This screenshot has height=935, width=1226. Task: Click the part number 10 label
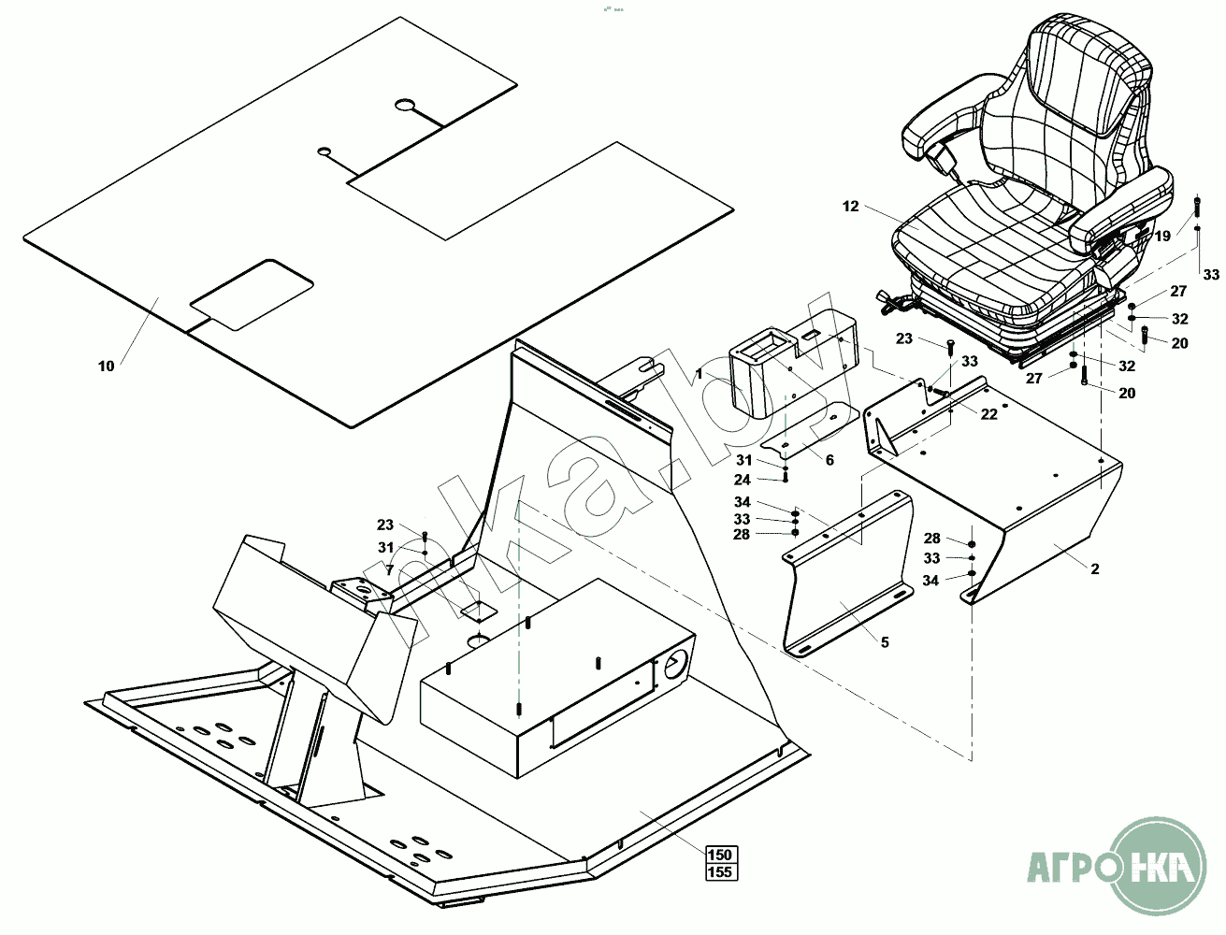[106, 366]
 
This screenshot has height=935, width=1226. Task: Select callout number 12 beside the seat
[850, 206]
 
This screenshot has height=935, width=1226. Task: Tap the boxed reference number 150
[720, 855]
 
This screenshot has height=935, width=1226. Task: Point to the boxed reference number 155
[720, 871]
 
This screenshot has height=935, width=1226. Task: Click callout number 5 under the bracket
[884, 642]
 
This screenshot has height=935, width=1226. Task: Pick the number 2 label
[1095, 568]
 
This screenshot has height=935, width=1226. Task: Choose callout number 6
[829, 460]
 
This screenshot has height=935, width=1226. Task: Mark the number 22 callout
[989, 414]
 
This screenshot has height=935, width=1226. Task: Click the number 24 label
[743, 480]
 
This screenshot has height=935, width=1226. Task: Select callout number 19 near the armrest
[1162, 237]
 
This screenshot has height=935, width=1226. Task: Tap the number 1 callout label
[699, 373]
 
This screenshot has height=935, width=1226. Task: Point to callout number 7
[389, 569]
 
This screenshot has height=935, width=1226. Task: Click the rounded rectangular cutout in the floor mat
[251, 295]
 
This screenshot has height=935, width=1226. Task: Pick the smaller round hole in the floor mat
[325, 151]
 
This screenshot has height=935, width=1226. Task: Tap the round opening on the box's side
[675, 666]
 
